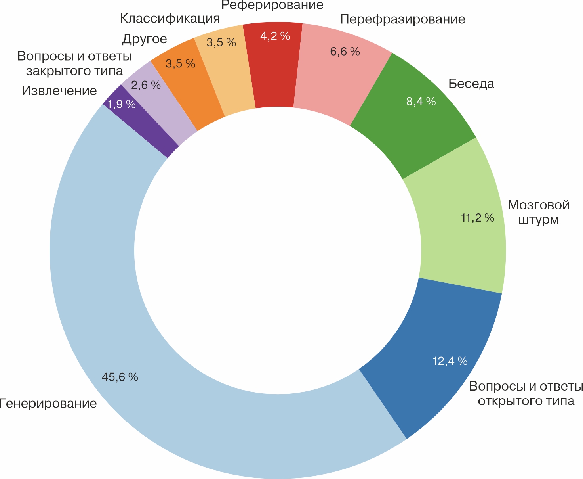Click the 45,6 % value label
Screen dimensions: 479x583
click(120, 377)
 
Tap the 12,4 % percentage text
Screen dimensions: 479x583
click(450, 361)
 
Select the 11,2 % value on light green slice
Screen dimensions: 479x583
click(478, 217)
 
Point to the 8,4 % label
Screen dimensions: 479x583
click(421, 102)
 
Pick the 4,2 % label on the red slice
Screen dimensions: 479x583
click(275, 36)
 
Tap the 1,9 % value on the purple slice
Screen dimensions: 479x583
click(122, 104)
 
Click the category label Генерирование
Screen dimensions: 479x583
click(48, 404)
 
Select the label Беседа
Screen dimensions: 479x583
click(471, 84)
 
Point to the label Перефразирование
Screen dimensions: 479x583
click(403, 19)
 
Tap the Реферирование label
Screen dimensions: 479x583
click(272, 5)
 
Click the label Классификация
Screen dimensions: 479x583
click(170, 19)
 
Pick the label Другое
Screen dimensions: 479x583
click(144, 39)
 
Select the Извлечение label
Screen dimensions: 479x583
click(59, 91)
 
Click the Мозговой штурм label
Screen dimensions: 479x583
click(539, 212)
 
